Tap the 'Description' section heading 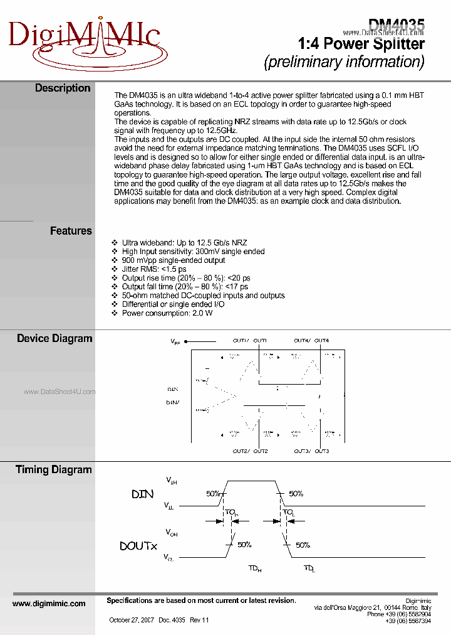[x=63, y=88]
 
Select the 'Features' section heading [x=71, y=231]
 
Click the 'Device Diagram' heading [x=54, y=339]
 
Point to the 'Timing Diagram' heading [x=54, y=470]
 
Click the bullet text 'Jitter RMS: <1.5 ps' [x=153, y=269]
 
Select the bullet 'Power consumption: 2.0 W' [x=167, y=313]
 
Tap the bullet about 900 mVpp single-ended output [x=174, y=260]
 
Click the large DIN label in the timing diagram [x=142, y=494]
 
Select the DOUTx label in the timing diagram [x=138, y=546]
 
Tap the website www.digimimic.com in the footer [x=49, y=604]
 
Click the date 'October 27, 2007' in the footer [x=131, y=620]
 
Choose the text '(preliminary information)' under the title [x=345, y=62]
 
